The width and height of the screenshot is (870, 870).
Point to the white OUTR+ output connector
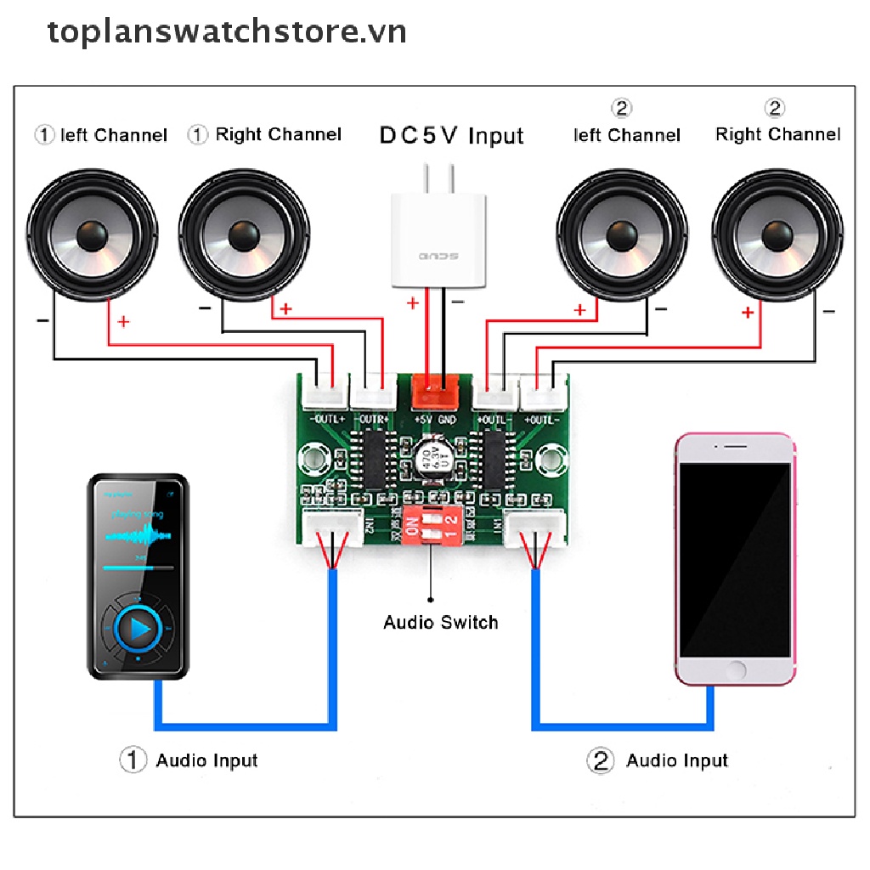(x=374, y=394)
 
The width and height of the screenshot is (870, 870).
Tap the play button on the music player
(x=138, y=629)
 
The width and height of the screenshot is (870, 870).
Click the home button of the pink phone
(x=737, y=669)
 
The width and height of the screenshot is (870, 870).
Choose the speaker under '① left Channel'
(x=92, y=234)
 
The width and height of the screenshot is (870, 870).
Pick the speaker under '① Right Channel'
(x=244, y=234)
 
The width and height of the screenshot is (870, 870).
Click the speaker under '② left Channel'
(x=622, y=234)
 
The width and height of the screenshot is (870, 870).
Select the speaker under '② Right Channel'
(x=777, y=234)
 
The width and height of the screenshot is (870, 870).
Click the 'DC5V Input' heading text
(x=451, y=135)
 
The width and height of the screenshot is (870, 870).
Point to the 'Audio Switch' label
(x=440, y=622)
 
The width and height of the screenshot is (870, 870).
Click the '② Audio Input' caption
(x=658, y=760)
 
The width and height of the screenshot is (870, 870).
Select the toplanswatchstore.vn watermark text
(x=227, y=32)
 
